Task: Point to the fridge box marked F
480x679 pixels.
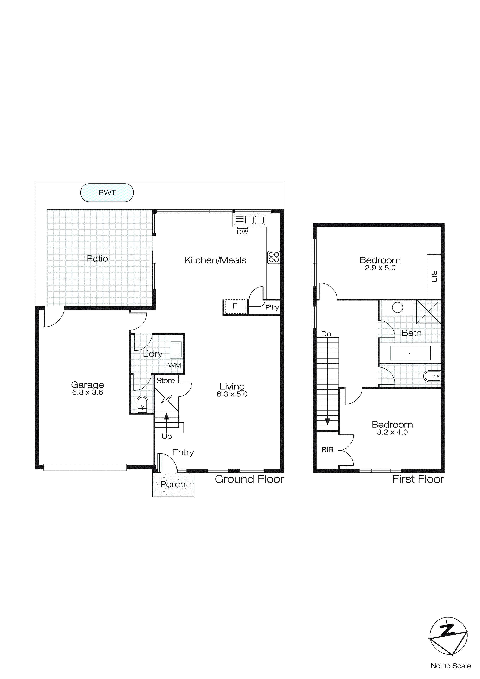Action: tap(235, 306)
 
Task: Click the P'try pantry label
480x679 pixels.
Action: tap(272, 308)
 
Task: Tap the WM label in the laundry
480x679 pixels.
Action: tap(174, 365)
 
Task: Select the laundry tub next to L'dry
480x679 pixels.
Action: tap(176, 349)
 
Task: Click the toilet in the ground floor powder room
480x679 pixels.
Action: tap(142, 404)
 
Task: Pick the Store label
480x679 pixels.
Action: tap(166, 381)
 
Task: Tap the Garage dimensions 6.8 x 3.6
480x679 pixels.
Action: tap(88, 392)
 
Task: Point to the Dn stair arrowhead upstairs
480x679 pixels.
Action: tap(327, 422)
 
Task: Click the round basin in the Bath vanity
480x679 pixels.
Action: tap(397, 308)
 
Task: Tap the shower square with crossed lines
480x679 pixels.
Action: tap(428, 312)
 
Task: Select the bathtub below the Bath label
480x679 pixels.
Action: tap(410, 353)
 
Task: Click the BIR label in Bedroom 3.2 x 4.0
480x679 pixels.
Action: tap(327, 450)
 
